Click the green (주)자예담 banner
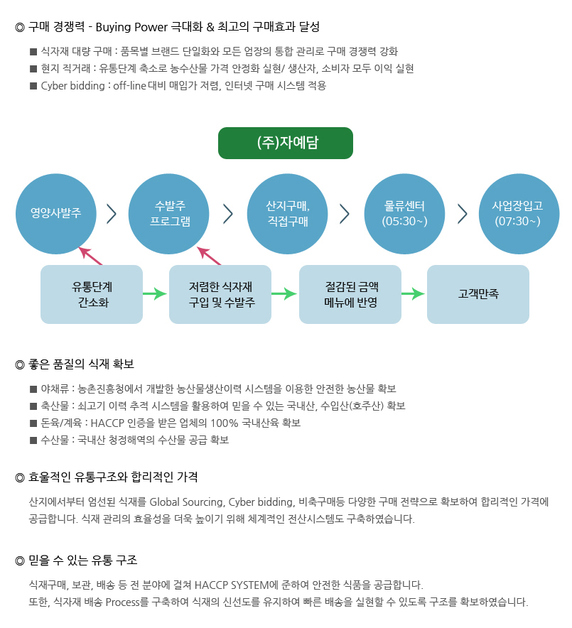coord(286,143)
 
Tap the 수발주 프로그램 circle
coord(169,213)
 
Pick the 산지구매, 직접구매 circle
coord(287,213)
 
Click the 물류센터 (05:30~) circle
coord(404,213)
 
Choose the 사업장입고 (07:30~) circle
coord(518,213)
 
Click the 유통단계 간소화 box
coord(92,294)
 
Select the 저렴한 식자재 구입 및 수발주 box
coord(220,294)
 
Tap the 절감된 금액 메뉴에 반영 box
coord(350,294)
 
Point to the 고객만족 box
coord(478,294)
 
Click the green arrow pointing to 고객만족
coord(414,294)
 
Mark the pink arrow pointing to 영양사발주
coord(92,256)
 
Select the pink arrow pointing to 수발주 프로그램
coord(210,256)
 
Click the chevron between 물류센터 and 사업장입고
coord(463,213)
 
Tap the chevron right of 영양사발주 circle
coord(111,213)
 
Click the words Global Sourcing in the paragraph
coord(188,502)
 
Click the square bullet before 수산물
coord(33,440)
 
